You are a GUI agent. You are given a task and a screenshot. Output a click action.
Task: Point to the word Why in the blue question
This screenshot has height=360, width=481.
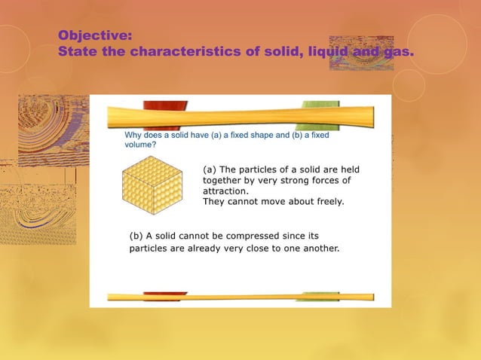point(134,135)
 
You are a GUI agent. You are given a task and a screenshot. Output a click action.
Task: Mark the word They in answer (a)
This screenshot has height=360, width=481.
point(215,202)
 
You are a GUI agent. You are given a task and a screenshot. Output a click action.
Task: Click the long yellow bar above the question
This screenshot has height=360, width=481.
point(240,117)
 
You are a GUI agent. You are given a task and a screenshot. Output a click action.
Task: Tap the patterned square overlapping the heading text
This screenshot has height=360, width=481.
point(361,53)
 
